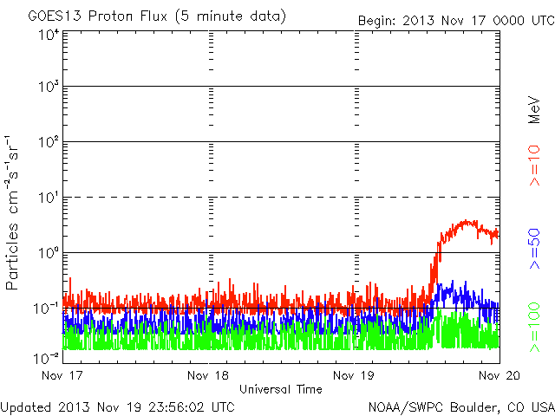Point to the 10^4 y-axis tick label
click(49, 36)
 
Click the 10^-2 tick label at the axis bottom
click(47, 356)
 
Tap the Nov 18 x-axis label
click(209, 376)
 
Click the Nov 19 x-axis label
click(354, 376)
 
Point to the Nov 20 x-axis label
click(498, 376)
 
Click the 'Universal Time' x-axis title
click(281, 389)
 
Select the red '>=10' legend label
click(534, 166)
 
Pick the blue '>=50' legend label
click(534, 249)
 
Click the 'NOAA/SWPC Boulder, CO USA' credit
click(460, 406)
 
